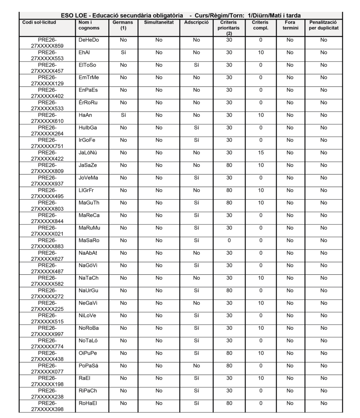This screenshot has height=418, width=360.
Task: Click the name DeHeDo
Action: (88, 40)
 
